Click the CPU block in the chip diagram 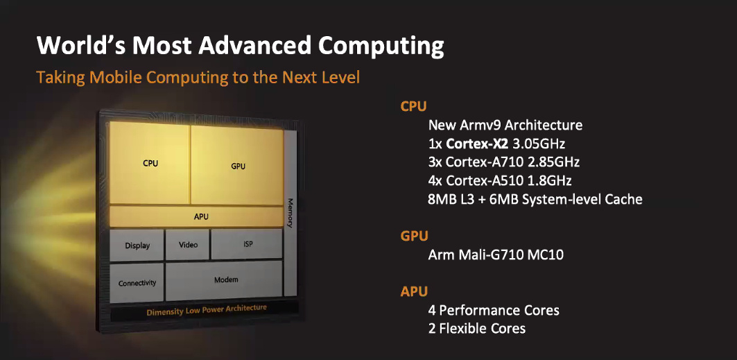click(150, 163)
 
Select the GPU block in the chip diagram click(237, 165)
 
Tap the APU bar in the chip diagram click(196, 216)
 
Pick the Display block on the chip click(137, 245)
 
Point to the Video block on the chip click(187, 244)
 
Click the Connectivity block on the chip click(137, 283)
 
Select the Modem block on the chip click(224, 280)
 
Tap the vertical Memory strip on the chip click(291, 212)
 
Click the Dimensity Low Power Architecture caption click(207, 310)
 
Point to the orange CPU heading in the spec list click(414, 106)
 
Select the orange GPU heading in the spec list click(414, 236)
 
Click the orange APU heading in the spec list click(414, 291)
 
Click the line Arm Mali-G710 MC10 click(496, 255)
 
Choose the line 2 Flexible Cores click(476, 328)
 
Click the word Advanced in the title click(255, 46)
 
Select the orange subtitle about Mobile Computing click(198, 77)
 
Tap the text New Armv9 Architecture click(505, 126)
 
